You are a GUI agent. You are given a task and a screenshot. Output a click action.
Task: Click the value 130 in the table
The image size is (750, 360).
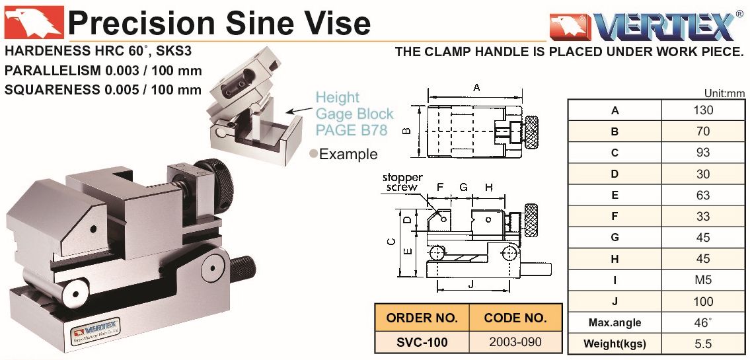[x=702, y=110]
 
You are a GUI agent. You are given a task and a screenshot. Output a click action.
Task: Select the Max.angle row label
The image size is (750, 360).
[x=615, y=323]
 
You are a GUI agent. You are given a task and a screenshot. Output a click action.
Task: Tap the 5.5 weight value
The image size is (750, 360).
[x=702, y=344]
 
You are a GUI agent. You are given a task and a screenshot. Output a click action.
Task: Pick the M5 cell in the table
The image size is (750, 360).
[x=702, y=280]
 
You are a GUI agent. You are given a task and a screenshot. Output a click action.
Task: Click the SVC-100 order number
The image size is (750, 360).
[x=422, y=342]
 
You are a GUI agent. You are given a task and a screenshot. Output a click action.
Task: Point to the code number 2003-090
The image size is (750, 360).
[x=515, y=342]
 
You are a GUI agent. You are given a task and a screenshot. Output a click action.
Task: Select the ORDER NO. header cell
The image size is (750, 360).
[x=422, y=318]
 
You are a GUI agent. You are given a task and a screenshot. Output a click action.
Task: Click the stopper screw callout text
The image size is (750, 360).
[x=400, y=182]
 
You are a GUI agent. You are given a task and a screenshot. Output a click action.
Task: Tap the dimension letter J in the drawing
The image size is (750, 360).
[x=470, y=285]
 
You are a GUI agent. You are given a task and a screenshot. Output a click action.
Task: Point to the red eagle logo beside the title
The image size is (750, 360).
[x=33, y=22]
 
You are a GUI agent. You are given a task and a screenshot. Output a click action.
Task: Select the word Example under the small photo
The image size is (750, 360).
[x=348, y=155]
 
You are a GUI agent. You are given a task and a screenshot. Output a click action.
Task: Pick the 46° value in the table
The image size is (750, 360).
[x=702, y=323]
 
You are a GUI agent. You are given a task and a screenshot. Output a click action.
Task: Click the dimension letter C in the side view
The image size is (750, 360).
[x=392, y=242]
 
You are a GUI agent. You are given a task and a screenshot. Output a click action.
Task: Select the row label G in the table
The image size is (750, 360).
[x=615, y=238]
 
